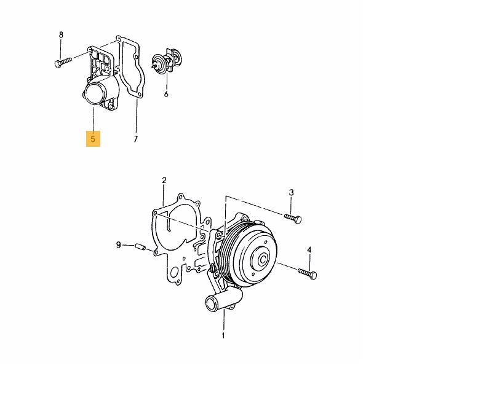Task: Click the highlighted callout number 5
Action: (93, 139)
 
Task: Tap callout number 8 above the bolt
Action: (61, 34)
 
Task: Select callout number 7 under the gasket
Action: (136, 139)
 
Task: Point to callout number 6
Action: (166, 94)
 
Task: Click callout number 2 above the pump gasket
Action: (164, 180)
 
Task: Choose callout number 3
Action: (291, 192)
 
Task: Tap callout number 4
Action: (309, 250)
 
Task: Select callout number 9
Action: (119, 244)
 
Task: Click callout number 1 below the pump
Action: (223, 335)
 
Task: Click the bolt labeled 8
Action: (63, 62)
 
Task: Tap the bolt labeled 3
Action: (293, 219)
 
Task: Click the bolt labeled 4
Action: (308, 273)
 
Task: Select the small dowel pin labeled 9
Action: (140, 246)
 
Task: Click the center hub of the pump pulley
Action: (263, 260)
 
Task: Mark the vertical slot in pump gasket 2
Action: (168, 225)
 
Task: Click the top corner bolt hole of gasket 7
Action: (118, 38)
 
